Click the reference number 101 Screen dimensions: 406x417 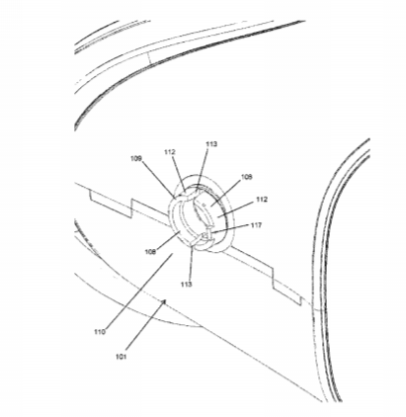[121, 357]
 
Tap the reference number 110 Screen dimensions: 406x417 [100, 332]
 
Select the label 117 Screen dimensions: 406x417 [256, 225]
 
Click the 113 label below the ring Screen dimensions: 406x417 [186, 284]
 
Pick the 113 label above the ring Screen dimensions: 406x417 [211, 144]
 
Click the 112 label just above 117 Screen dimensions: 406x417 [262, 200]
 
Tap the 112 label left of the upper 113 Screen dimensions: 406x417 [170, 152]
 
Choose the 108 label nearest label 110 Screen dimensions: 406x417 [150, 252]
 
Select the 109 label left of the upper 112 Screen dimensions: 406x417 [136, 159]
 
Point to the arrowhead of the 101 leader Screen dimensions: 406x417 [164, 302]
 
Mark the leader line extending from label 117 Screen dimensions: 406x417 [230, 229]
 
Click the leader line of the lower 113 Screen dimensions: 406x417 [191, 263]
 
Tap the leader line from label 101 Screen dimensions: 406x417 [145, 325]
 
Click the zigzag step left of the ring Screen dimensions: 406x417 [131, 208]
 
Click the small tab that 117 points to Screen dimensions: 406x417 [204, 235]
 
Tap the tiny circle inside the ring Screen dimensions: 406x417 [203, 206]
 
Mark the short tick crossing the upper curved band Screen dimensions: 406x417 [150, 58]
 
